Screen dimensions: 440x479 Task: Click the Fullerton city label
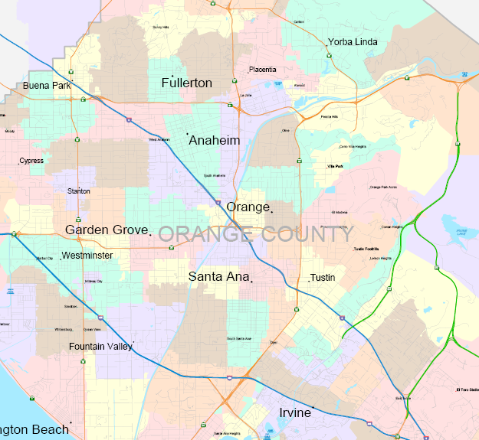[x=186, y=83]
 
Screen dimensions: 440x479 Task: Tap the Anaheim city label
[x=214, y=141]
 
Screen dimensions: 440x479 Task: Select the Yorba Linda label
[x=353, y=42]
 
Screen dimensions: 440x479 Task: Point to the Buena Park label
[x=47, y=86]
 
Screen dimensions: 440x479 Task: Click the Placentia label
[x=262, y=70]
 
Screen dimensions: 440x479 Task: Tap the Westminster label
[x=87, y=256]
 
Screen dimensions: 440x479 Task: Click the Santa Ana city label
[x=218, y=276]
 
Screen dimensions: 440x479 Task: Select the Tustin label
[x=323, y=277]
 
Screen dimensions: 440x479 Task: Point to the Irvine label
[x=294, y=413]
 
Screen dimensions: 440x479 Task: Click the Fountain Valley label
[x=100, y=347]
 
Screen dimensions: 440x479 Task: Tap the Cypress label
[x=32, y=161]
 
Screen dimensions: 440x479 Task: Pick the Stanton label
[x=79, y=191]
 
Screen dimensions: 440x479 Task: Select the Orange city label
[x=248, y=207]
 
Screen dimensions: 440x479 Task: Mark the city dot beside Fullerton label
[x=173, y=75]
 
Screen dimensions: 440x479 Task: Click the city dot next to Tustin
[x=309, y=281]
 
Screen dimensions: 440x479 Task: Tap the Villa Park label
[x=335, y=166]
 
